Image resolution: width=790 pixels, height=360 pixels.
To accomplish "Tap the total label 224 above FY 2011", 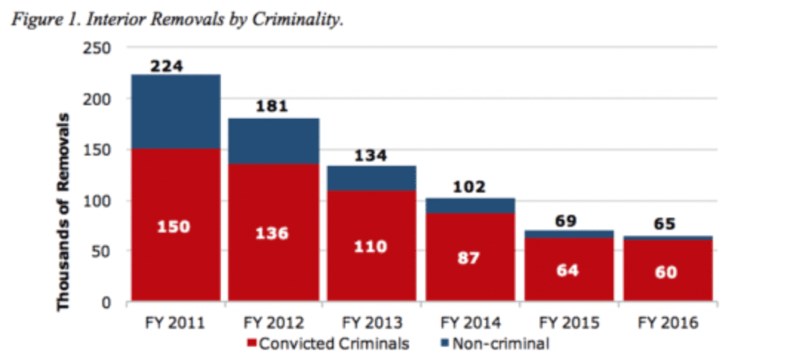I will (166, 66).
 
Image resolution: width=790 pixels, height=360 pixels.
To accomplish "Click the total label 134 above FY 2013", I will (371, 156).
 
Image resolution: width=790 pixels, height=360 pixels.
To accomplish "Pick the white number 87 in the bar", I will (469, 258).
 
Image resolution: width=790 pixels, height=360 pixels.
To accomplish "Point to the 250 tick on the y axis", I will (99, 48).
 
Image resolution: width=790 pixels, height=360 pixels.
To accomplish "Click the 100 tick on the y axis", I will (99, 201).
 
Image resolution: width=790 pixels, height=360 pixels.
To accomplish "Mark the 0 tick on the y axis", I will (107, 302).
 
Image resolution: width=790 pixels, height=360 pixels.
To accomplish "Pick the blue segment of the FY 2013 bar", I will (371, 178).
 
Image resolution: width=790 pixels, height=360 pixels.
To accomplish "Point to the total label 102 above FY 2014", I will (469, 187).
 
